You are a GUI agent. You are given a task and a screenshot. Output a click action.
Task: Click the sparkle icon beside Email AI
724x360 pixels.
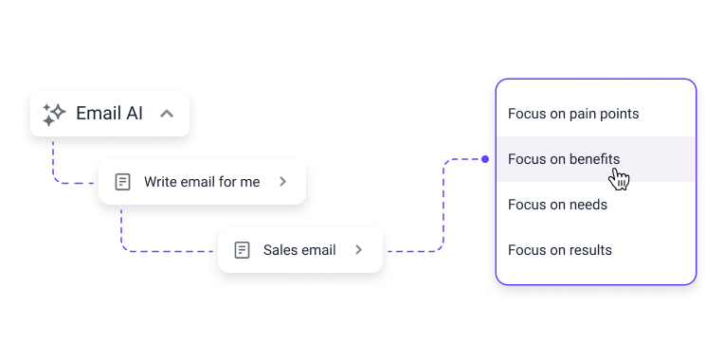click(x=53, y=114)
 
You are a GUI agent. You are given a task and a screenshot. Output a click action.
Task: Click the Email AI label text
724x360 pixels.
click(x=109, y=114)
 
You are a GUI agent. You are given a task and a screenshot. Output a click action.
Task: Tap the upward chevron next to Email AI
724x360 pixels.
click(x=167, y=114)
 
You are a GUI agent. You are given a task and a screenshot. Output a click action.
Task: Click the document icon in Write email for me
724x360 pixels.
click(x=122, y=182)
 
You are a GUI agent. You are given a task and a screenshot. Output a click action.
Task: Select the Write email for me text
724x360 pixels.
click(x=201, y=182)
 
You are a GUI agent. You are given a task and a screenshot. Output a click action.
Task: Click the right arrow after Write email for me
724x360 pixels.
click(x=282, y=182)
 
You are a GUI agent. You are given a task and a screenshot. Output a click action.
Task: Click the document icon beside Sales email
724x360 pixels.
click(x=242, y=250)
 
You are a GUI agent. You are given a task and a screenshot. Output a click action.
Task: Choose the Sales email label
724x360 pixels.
click(x=299, y=250)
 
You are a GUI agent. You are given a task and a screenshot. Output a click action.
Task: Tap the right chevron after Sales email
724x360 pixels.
click(x=358, y=250)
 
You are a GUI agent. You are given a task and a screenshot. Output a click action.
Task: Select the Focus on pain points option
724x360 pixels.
click(x=572, y=114)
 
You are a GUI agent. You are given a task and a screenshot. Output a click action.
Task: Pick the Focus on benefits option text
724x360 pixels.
click(x=563, y=159)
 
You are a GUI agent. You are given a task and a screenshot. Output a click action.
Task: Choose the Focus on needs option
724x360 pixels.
click(x=557, y=205)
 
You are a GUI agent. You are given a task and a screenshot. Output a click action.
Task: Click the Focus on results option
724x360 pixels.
click(x=559, y=250)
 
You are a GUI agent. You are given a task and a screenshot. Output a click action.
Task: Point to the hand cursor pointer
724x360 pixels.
click(x=620, y=178)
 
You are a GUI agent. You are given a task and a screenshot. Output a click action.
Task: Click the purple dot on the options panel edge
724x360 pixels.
click(x=485, y=159)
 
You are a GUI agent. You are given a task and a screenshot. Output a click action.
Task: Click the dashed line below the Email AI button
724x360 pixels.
click(x=54, y=161)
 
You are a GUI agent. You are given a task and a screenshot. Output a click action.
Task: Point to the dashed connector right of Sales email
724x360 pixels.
click(x=417, y=251)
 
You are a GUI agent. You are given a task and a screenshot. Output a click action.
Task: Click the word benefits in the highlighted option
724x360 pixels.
click(x=594, y=159)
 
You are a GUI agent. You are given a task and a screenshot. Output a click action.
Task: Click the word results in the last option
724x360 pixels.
click(x=590, y=250)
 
